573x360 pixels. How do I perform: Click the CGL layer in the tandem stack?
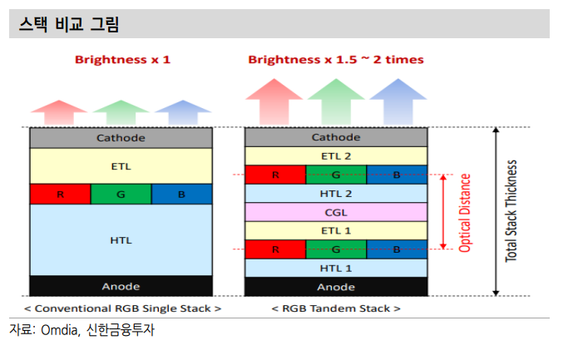pos(336,212)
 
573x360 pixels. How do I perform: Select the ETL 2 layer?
pos(336,156)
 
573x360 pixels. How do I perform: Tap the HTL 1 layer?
pos(336,269)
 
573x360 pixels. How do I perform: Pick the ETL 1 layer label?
pos(336,230)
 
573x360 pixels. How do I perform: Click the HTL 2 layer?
pos(336,194)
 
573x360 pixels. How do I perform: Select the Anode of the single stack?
pos(121,286)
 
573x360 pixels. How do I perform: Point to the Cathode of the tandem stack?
pos(336,137)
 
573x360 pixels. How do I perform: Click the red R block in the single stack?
pos(61,194)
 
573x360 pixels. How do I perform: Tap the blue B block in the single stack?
pos(181,194)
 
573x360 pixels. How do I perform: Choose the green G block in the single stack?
pos(121,194)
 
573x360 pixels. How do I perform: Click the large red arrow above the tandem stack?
pos(274,101)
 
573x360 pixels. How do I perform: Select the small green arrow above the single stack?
pos(121,112)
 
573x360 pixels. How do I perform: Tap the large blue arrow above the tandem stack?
pos(398,101)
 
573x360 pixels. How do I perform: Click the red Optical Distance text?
pos(465,213)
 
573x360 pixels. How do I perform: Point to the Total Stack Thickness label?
pos(511,211)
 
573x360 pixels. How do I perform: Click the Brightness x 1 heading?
pos(122,60)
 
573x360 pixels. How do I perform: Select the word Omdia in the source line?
pos(60,330)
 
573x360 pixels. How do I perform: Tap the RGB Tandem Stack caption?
pos(336,308)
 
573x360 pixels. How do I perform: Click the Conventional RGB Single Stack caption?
pos(122,308)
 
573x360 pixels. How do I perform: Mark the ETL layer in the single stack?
pos(121,166)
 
